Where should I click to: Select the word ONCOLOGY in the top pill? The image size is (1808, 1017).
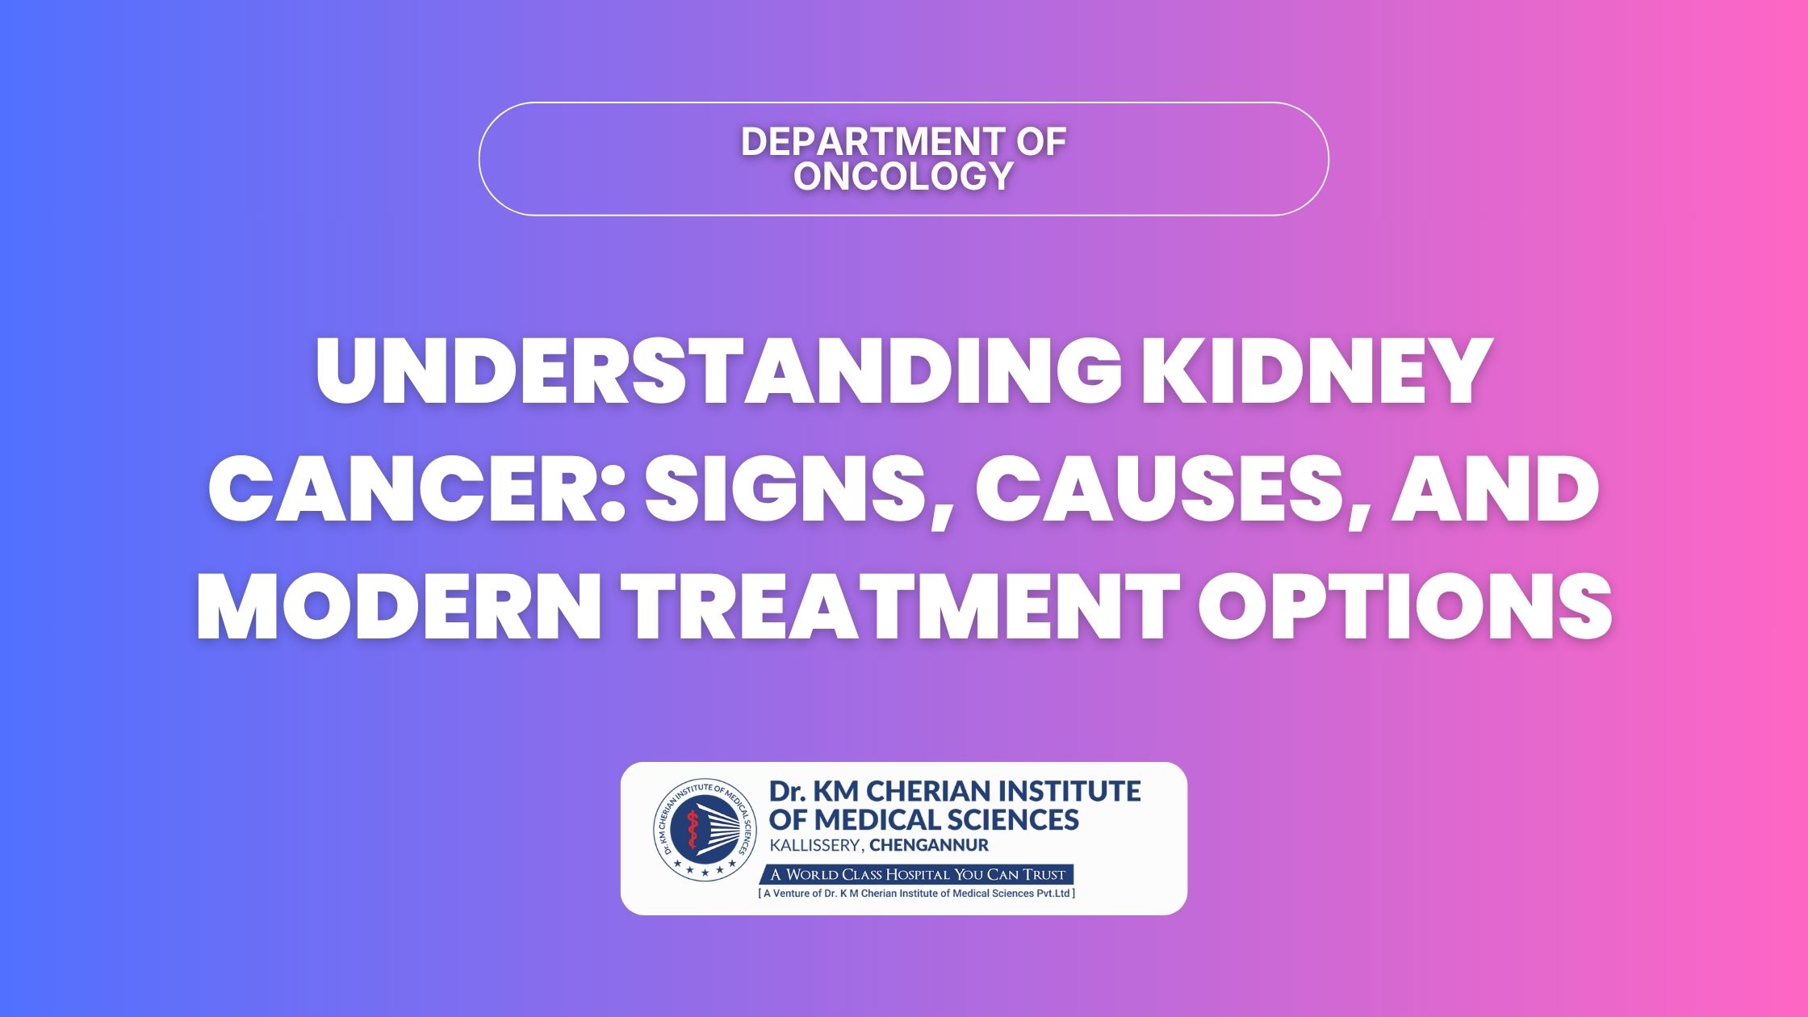tap(903, 176)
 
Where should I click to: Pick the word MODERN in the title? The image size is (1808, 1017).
tap(397, 606)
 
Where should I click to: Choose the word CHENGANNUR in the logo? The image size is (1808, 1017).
tap(929, 846)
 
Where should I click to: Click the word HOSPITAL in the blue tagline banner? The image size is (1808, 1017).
tap(918, 874)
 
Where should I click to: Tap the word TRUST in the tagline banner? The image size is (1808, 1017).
tap(1044, 874)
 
